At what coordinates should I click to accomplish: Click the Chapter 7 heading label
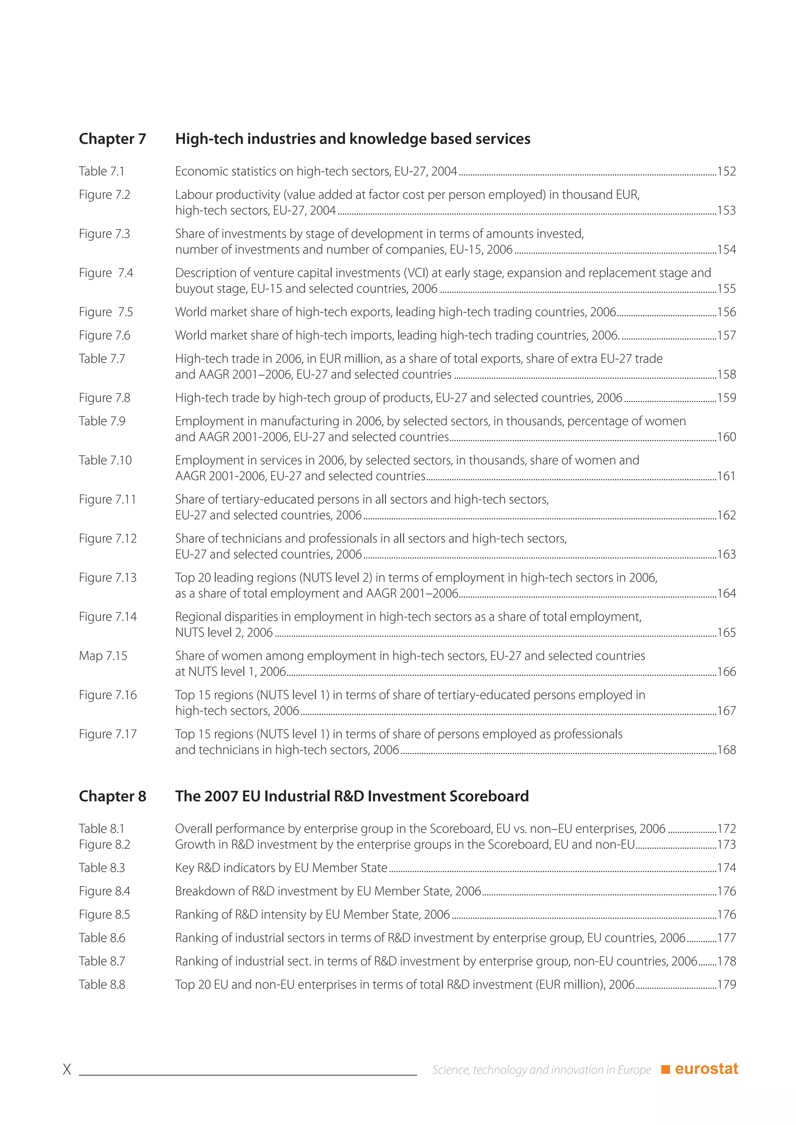click(112, 139)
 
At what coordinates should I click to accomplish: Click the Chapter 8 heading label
click(112, 796)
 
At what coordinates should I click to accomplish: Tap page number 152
click(726, 171)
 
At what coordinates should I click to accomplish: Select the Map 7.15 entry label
click(103, 656)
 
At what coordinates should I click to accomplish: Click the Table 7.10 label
click(105, 461)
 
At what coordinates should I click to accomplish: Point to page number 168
click(726, 750)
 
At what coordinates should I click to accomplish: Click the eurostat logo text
click(706, 1069)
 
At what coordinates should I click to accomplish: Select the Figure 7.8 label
click(105, 398)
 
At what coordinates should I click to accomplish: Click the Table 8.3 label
click(102, 868)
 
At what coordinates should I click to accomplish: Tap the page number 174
click(726, 868)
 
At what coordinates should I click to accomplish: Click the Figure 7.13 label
click(108, 578)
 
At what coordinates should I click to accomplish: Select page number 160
click(726, 437)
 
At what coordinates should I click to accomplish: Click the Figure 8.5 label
click(105, 915)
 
